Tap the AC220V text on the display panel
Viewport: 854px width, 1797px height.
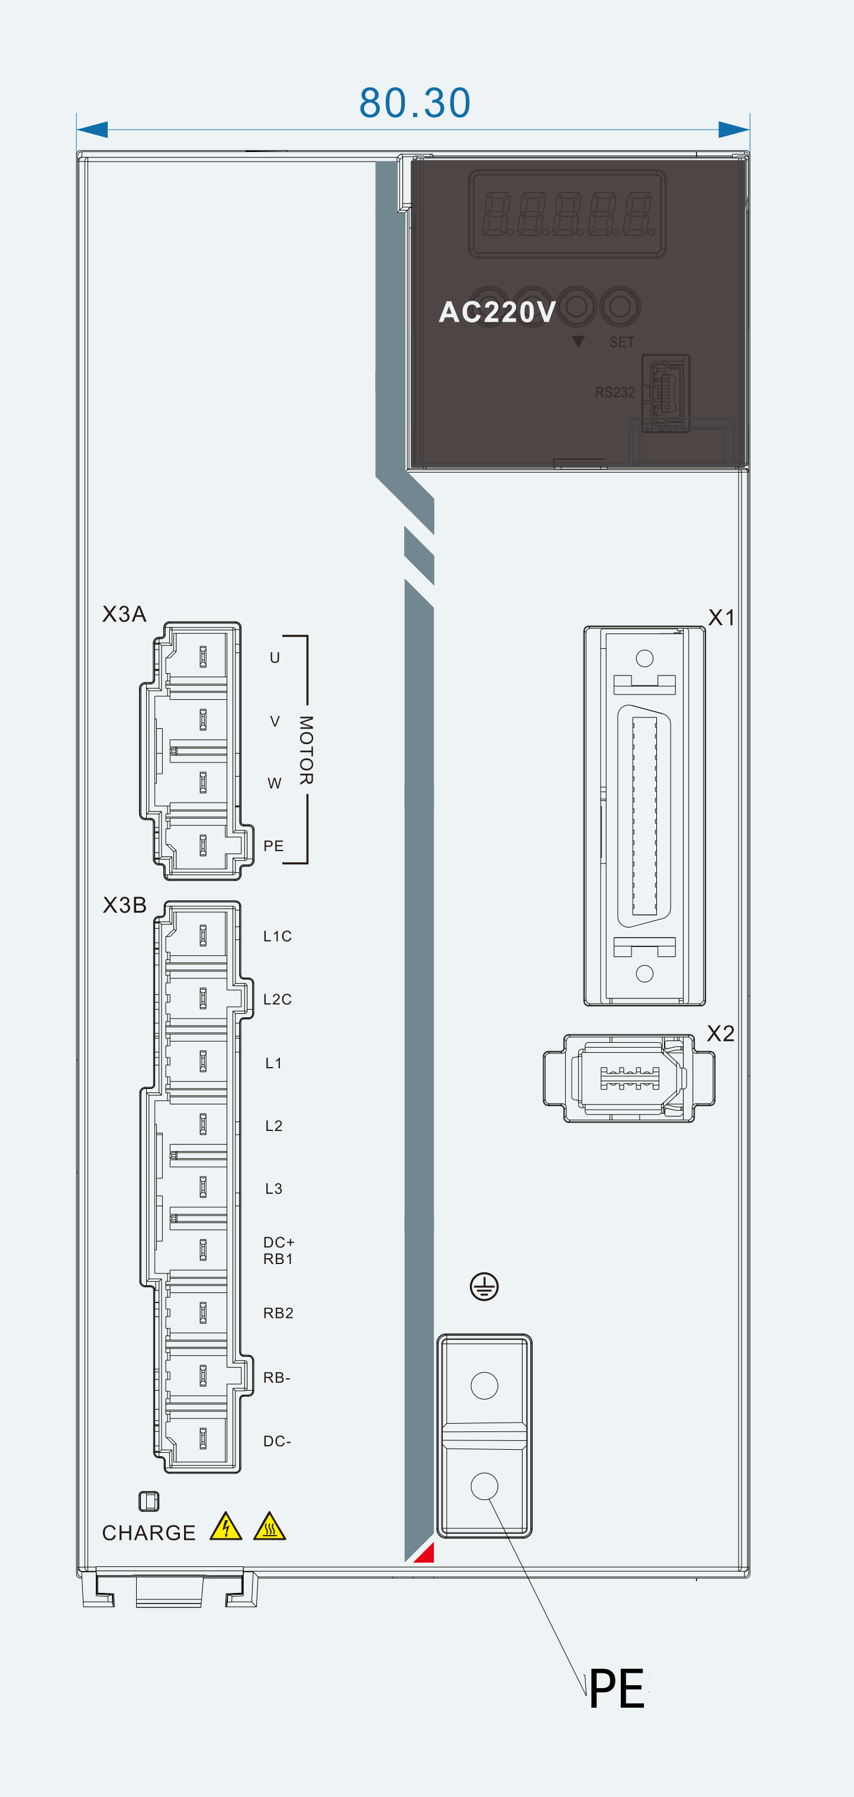[x=497, y=312]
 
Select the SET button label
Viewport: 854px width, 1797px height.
[x=621, y=342]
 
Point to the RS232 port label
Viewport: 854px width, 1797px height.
[x=615, y=392]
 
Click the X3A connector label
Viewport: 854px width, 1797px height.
[x=124, y=614]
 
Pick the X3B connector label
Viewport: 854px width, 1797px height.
[x=124, y=905]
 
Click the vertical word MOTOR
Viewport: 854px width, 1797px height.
[x=305, y=750]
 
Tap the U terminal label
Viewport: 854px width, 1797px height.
[x=275, y=658]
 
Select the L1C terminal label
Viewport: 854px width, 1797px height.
[x=277, y=936]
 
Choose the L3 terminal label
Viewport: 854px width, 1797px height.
[x=273, y=1189]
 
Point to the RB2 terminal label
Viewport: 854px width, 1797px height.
[x=278, y=1313]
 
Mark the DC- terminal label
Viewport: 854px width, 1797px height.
[x=277, y=1442]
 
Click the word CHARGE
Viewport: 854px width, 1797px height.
[x=149, y=1533]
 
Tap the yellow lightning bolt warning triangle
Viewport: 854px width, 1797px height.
[x=226, y=1526]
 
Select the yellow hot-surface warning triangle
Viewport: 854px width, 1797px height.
[x=270, y=1526]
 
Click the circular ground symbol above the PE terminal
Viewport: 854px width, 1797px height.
[x=484, y=1287]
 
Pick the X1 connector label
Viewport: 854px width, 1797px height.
[x=721, y=618]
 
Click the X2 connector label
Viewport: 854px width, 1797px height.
[x=721, y=1033]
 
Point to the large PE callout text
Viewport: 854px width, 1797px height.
[x=617, y=1689]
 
